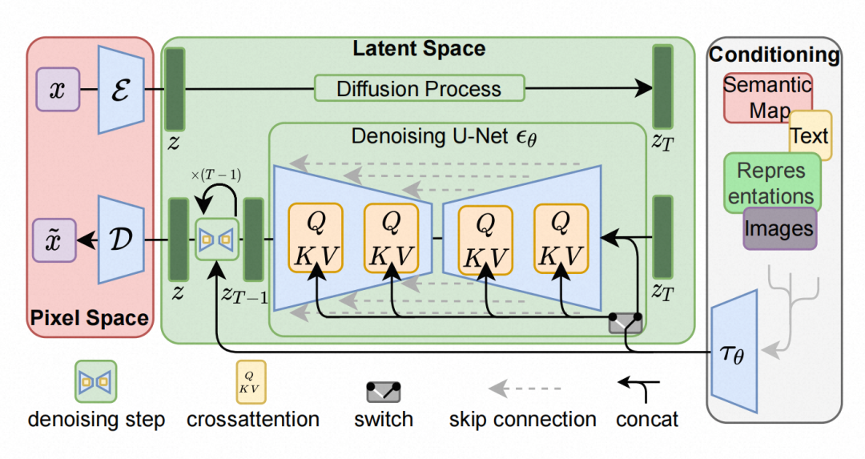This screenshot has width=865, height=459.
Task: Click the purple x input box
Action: [x=57, y=88]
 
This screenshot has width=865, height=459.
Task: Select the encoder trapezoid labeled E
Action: [x=121, y=88]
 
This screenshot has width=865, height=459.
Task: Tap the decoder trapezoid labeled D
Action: [x=121, y=239]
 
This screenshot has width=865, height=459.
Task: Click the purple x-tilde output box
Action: [x=56, y=240]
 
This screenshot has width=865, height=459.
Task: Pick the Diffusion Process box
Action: [x=419, y=88]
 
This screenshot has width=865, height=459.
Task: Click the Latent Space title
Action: [x=419, y=48]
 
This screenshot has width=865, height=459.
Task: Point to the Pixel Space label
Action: [x=89, y=318]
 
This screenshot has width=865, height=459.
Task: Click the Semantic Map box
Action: [x=767, y=97]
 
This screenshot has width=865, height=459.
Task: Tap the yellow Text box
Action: [x=810, y=135]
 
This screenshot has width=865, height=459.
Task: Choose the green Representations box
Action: [x=773, y=183]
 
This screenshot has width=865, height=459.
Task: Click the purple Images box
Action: [x=779, y=228]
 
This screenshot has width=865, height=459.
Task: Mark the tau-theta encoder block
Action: [x=734, y=352]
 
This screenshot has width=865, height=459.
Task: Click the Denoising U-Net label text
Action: [x=445, y=135]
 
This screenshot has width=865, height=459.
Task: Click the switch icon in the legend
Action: [x=383, y=392]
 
